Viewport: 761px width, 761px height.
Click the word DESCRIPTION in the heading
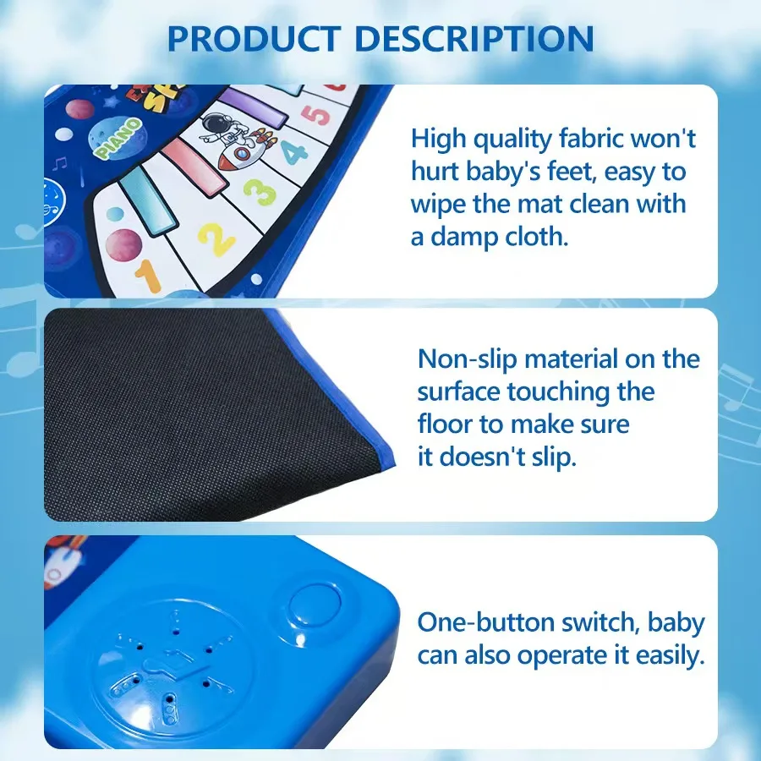tap(474, 39)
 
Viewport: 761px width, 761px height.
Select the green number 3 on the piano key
tap(259, 192)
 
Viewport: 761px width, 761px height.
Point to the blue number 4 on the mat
tap(294, 153)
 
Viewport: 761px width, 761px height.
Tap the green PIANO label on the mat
tap(118, 140)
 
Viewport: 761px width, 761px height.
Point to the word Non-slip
tap(467, 359)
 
